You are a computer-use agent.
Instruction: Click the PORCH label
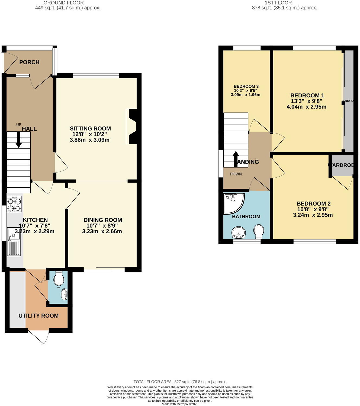point(29,62)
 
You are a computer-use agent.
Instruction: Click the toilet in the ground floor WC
point(59,278)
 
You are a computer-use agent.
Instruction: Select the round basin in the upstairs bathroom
point(239,232)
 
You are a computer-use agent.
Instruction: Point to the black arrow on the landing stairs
point(236,158)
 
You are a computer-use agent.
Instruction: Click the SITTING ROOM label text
point(90,129)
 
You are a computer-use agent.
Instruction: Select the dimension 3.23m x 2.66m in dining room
point(102,231)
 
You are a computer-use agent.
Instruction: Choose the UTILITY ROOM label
point(38,316)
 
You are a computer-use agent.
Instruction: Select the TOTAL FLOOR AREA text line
point(180,382)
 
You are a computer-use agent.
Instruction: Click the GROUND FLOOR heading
point(64,3)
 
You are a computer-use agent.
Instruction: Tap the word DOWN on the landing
point(236,174)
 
